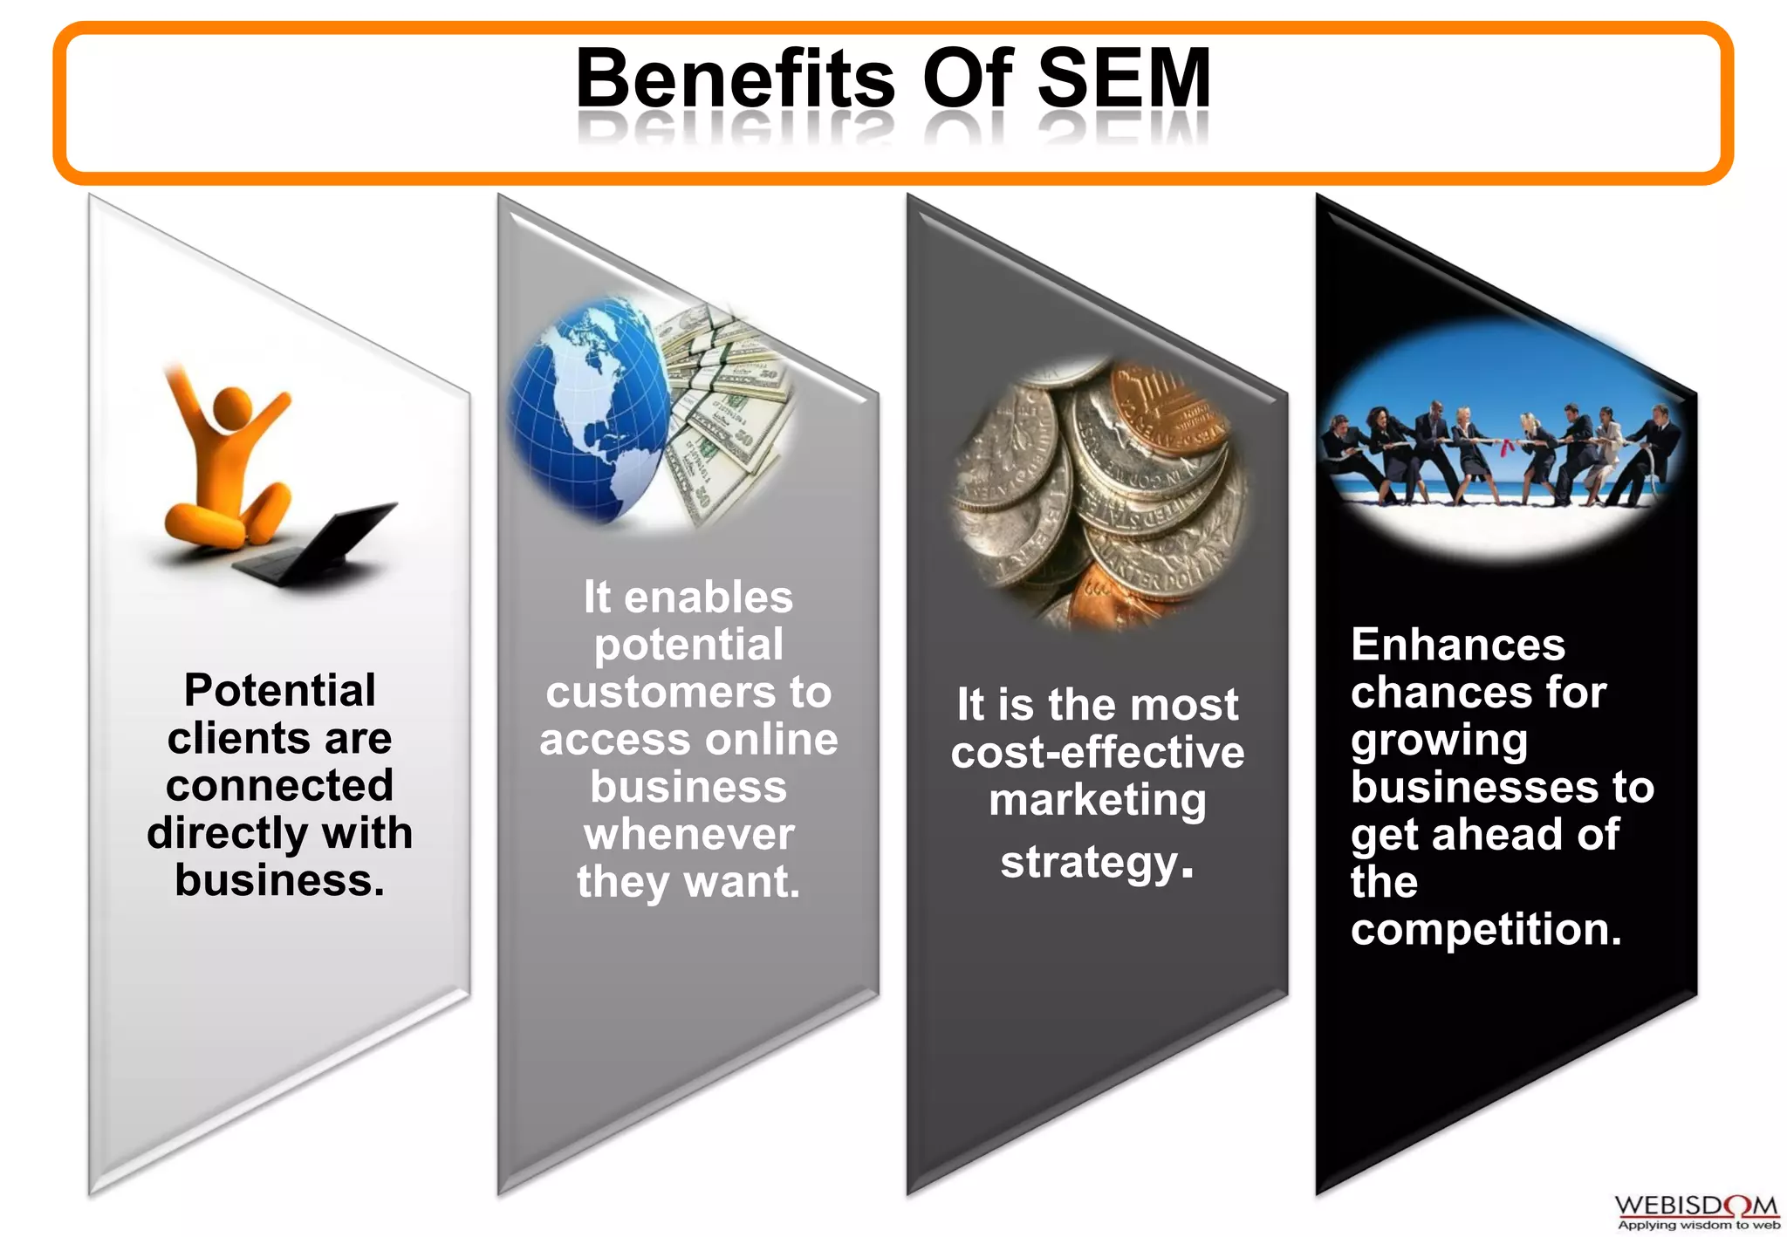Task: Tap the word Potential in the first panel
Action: [280, 690]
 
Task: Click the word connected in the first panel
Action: [280, 785]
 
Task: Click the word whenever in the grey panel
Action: [689, 835]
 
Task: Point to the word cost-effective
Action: [1098, 752]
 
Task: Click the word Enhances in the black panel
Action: [1458, 646]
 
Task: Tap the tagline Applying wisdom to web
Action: [1698, 1225]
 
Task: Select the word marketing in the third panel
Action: [1098, 801]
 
